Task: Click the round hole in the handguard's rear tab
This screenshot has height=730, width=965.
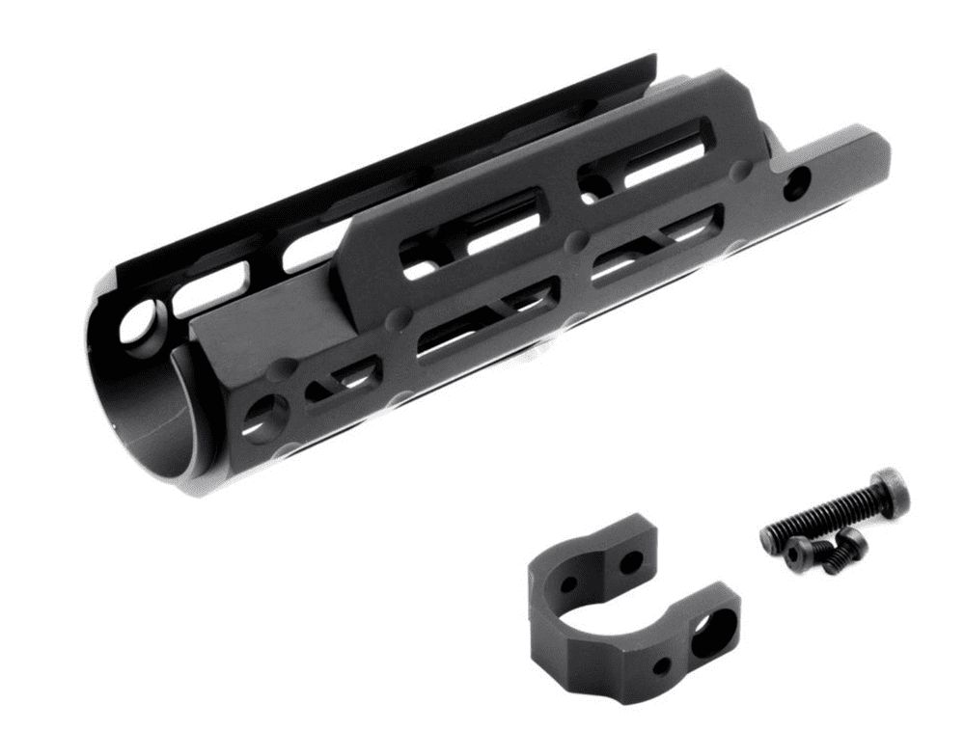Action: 796,183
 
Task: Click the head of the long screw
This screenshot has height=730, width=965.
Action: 886,491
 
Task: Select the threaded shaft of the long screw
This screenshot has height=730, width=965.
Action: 820,518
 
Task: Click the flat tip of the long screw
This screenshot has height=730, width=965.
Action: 768,536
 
